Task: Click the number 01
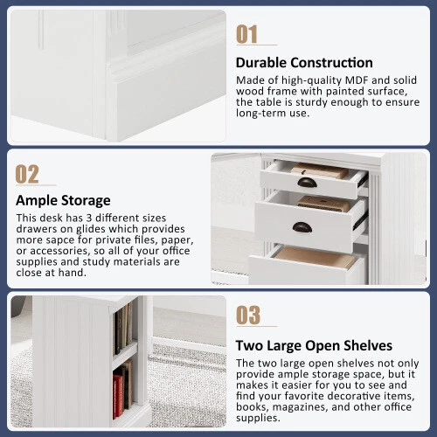click(246, 34)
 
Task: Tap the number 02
click(27, 174)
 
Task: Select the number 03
click(248, 315)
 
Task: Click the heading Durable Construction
click(304, 63)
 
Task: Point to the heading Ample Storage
click(63, 201)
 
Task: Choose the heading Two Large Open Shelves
click(314, 345)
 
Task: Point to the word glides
click(91, 229)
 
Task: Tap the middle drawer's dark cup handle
click(302, 227)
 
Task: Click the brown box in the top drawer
click(320, 170)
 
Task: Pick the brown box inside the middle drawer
click(324, 204)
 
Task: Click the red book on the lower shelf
click(118, 395)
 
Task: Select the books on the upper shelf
click(123, 329)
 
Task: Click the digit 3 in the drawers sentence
click(89, 218)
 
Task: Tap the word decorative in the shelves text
click(348, 396)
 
